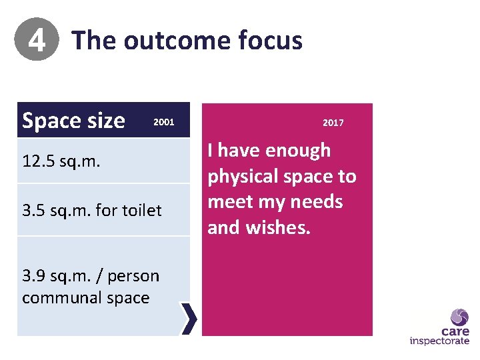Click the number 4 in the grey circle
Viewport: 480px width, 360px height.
click(37, 41)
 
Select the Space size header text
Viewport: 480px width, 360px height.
click(73, 121)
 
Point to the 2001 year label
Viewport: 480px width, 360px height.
click(164, 122)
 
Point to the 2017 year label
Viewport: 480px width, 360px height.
click(333, 123)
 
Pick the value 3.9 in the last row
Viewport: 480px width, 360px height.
click(35, 276)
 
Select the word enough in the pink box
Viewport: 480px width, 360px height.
click(298, 151)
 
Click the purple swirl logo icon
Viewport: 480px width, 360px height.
click(459, 317)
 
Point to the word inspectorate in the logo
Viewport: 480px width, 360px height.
click(439, 341)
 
